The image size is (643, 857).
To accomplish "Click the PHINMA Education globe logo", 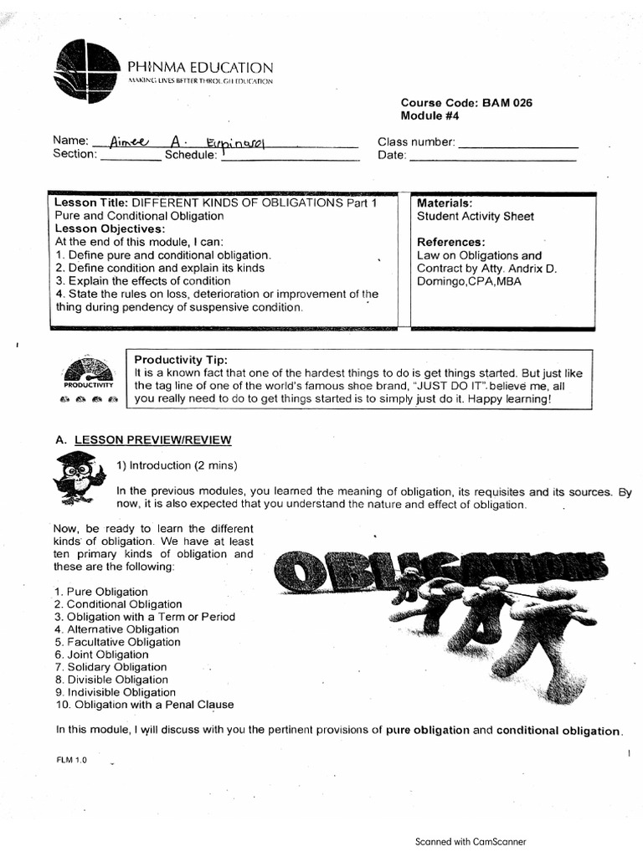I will [x=85, y=71].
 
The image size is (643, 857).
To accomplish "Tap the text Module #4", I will [x=430, y=116].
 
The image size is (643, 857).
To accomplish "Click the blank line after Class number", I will [x=517, y=142].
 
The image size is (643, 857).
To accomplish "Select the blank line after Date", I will [x=493, y=156].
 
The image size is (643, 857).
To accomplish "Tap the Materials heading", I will [x=445, y=203].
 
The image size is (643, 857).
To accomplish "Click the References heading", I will [x=451, y=243].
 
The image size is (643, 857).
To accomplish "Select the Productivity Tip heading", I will [x=180, y=359].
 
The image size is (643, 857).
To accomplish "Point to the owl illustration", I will [x=78, y=475].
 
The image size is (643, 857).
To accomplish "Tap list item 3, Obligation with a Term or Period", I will [x=151, y=617].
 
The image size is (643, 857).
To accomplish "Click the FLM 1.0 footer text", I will [x=70, y=760].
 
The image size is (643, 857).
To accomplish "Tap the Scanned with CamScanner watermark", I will [x=471, y=842].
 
